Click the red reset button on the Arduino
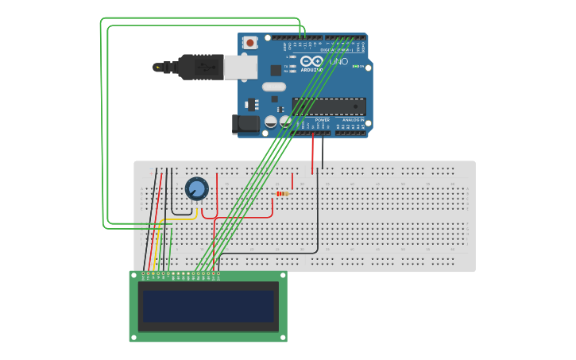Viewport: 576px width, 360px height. [250, 43]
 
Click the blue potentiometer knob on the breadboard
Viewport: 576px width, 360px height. [196, 189]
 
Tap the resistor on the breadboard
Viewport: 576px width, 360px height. [283, 193]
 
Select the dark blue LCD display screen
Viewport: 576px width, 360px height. [208, 306]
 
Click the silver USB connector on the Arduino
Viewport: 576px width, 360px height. [240, 68]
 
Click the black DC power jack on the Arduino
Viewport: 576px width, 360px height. [246, 123]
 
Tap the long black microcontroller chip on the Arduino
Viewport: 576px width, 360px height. [329, 106]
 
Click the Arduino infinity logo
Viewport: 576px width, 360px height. [311, 61]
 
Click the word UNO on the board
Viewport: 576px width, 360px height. [338, 61]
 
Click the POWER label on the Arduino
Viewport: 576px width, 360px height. [311, 120]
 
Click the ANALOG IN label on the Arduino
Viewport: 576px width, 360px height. [353, 120]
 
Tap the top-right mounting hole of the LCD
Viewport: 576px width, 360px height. [283, 276]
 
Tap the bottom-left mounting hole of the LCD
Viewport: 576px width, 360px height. [134, 337]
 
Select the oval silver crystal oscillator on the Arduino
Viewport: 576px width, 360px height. [273, 87]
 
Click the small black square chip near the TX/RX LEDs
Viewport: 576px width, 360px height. [275, 70]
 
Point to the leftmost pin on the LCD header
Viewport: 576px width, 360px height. [144, 274]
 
